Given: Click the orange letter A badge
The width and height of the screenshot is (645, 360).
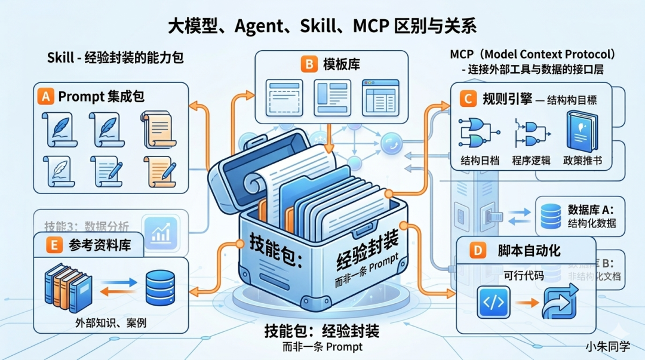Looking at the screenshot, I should coord(47,96).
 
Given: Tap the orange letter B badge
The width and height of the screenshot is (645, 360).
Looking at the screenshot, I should coord(308,64).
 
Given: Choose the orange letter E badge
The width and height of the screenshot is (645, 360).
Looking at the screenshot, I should coord(54,245).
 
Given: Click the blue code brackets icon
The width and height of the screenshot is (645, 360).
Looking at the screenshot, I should coord(493,302).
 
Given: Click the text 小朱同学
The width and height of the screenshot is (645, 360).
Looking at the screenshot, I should coord(608,347).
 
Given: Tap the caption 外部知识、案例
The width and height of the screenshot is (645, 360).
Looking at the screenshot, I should coord(111,323).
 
